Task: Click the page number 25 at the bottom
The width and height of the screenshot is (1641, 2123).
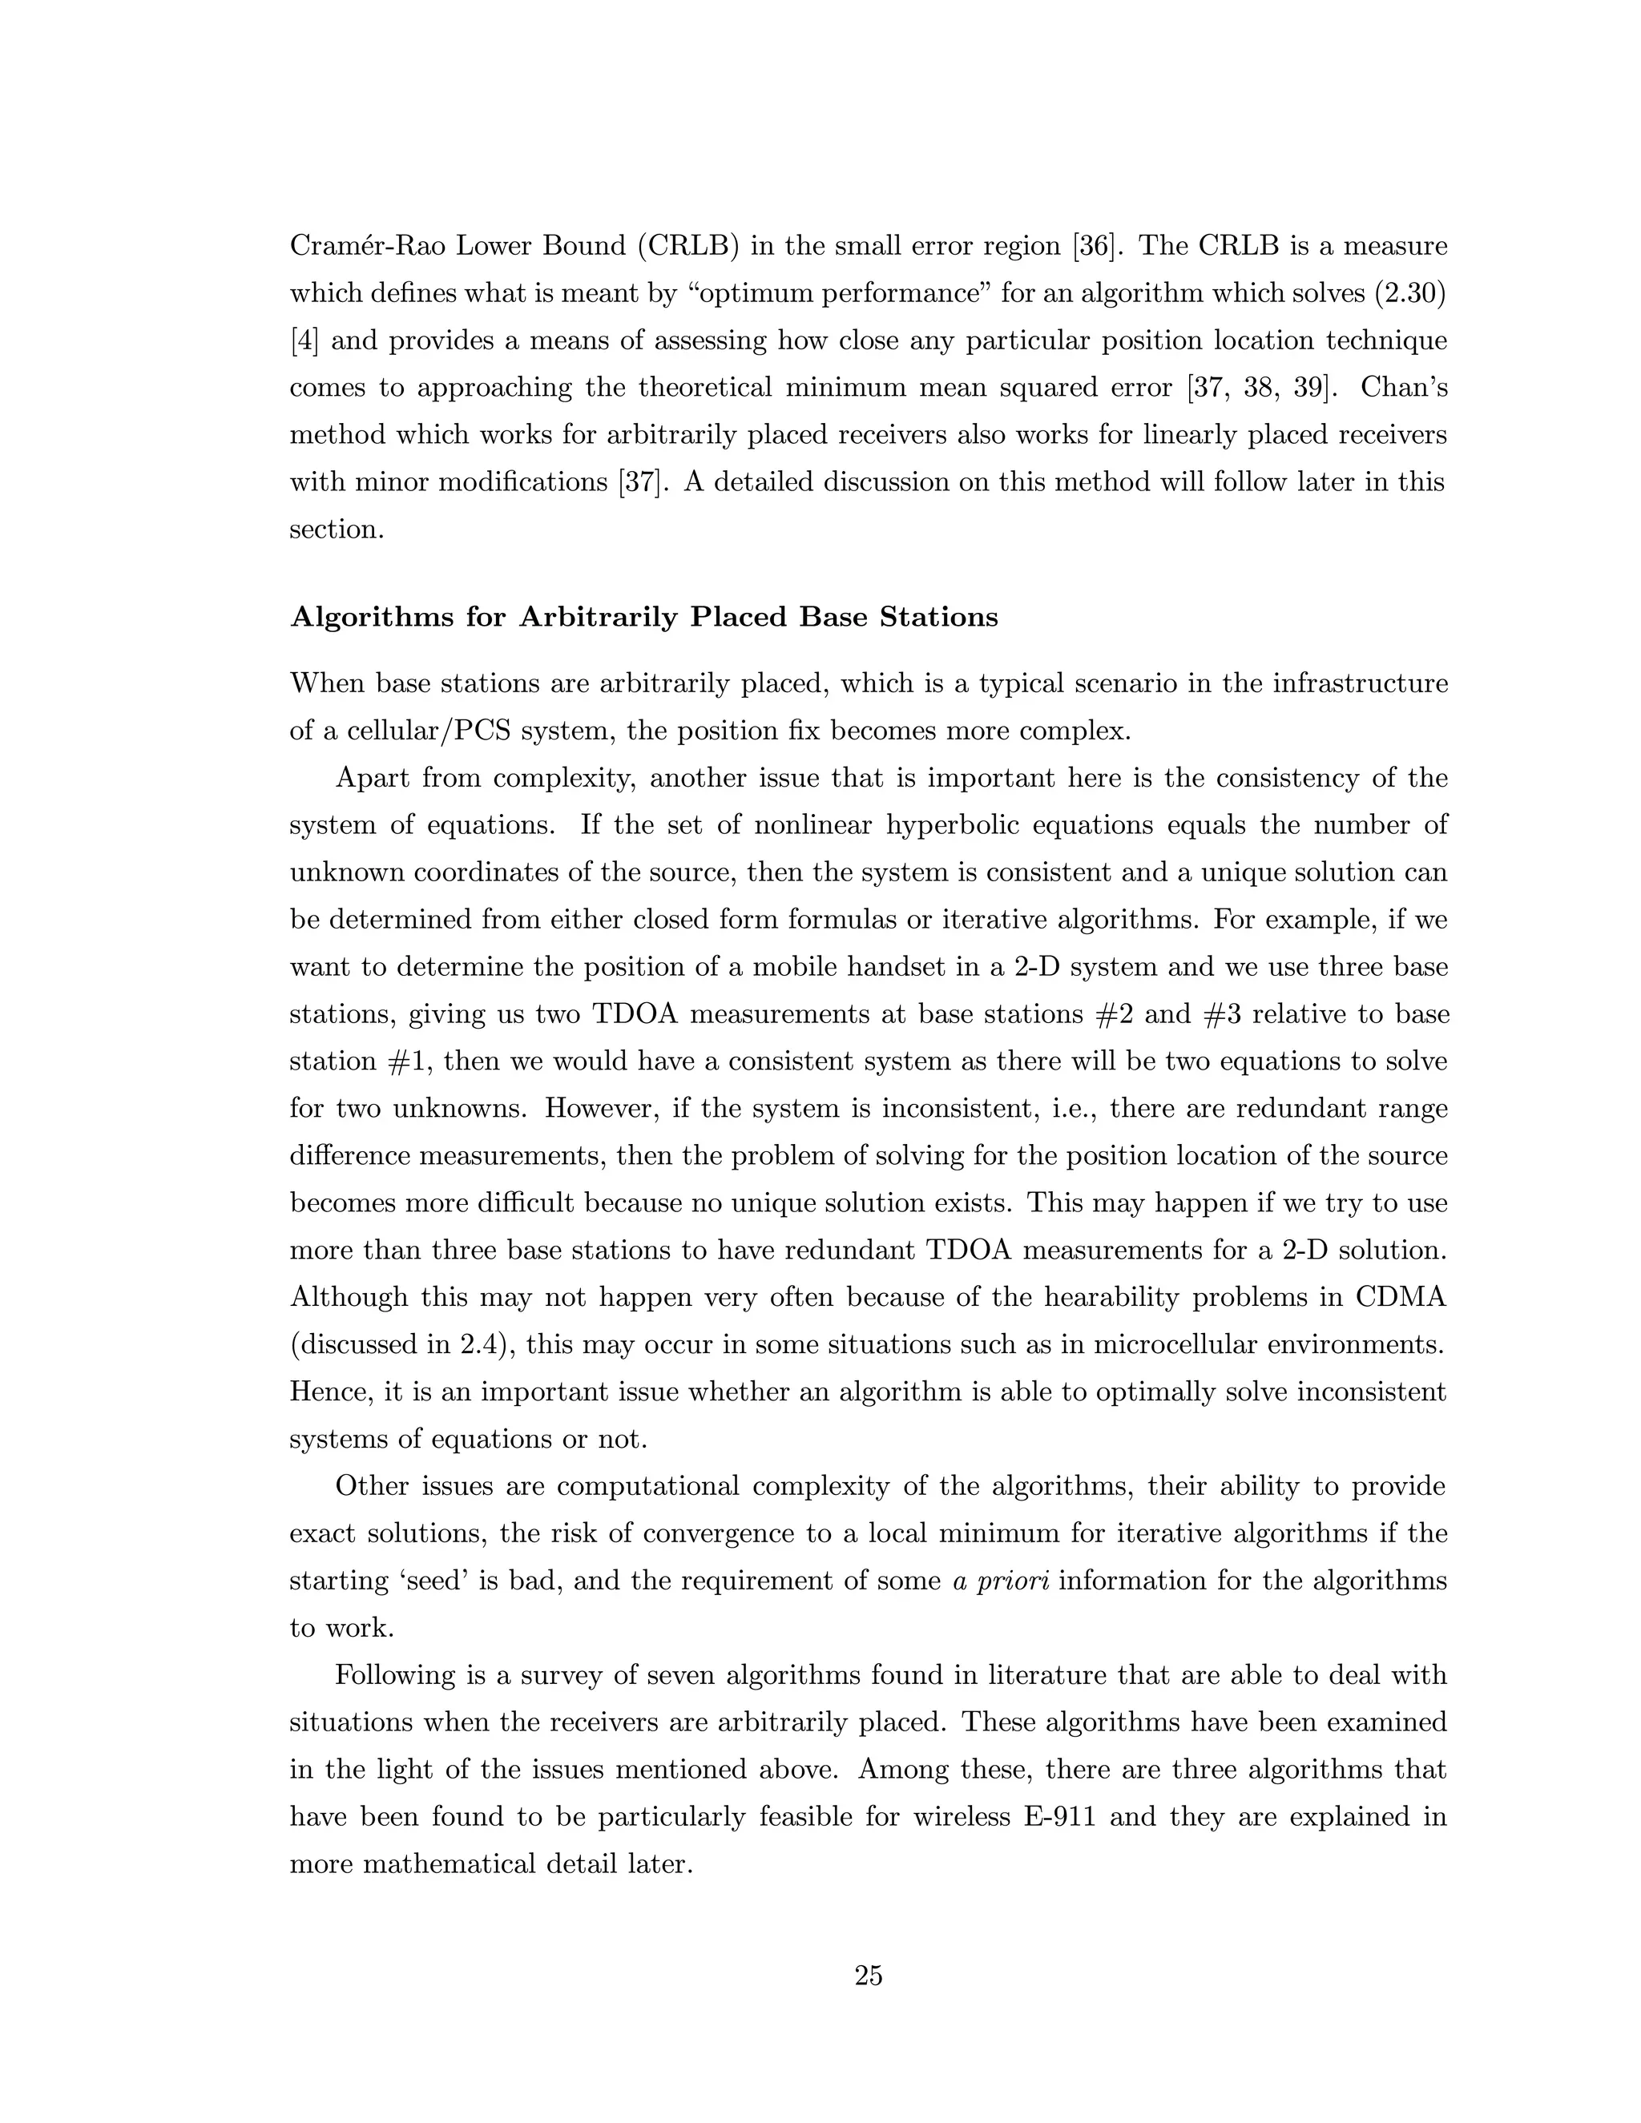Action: pyautogui.click(x=868, y=1976)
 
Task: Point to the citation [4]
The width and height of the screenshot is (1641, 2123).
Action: pyautogui.click(x=304, y=341)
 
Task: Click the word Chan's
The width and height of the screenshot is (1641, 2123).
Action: pyautogui.click(x=1404, y=388)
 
